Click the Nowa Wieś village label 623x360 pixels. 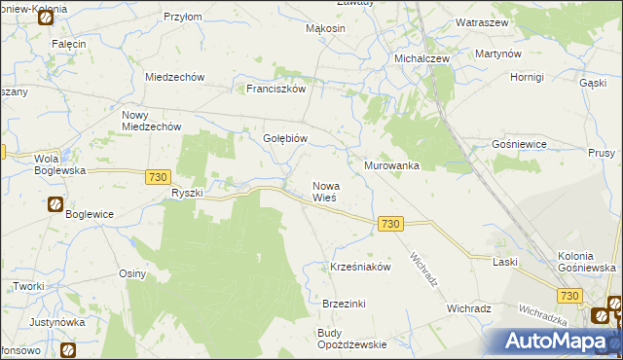324,192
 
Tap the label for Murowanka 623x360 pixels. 391,165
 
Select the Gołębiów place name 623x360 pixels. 285,138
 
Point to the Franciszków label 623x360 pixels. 276,89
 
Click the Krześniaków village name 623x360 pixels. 360,267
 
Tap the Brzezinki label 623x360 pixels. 344,304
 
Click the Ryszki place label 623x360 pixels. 186,193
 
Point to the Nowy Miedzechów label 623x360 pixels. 151,121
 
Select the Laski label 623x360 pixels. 504,263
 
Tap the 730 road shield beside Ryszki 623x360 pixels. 159,177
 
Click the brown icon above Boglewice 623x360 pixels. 55,204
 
